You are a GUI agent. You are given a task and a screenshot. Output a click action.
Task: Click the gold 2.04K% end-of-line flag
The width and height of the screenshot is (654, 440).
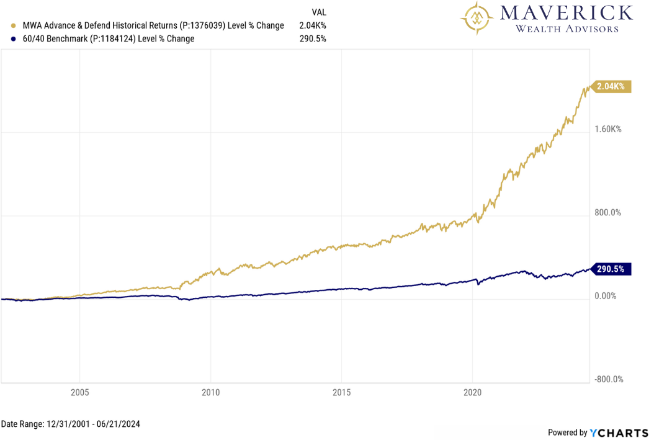click(612, 87)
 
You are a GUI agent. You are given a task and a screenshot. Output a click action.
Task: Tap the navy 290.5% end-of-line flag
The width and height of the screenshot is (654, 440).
click(612, 269)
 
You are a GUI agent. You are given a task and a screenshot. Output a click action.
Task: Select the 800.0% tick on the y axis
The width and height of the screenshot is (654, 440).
click(608, 213)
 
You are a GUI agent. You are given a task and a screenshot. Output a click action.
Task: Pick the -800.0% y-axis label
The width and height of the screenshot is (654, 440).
click(608, 379)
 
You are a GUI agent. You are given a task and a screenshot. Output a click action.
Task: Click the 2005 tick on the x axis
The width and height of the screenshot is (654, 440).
click(80, 392)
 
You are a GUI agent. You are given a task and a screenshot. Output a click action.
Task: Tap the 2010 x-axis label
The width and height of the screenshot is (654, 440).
click(211, 392)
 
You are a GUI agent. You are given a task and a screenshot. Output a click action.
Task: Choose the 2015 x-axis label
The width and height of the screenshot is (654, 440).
click(342, 392)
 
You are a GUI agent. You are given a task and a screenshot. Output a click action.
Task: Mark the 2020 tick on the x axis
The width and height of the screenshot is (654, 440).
click(473, 392)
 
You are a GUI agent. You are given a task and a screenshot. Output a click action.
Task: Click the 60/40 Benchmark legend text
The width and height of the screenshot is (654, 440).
click(108, 39)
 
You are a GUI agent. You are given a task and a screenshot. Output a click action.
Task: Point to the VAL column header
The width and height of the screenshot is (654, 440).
click(318, 12)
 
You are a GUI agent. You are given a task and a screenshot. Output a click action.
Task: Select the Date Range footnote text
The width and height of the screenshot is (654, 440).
click(70, 424)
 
